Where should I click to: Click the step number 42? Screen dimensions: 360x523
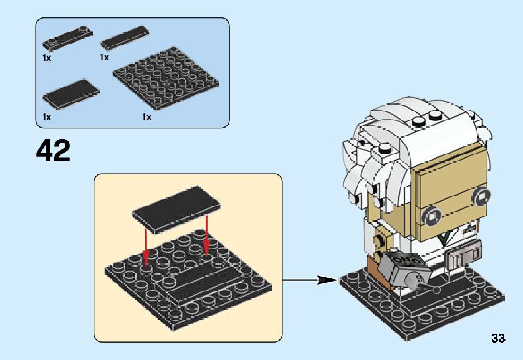click(53, 151)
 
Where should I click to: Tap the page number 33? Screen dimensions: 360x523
click(497, 338)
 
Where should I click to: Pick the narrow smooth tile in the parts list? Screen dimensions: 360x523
click(125, 39)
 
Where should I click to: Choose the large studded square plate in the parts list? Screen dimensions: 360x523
click(168, 80)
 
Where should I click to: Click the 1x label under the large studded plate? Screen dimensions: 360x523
click(147, 117)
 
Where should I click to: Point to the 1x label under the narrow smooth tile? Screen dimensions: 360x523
click(104, 57)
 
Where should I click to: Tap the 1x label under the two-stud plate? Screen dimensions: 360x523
click(47, 57)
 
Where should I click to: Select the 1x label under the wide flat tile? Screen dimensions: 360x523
click(47, 117)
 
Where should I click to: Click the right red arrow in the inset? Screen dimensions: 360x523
click(206, 235)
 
